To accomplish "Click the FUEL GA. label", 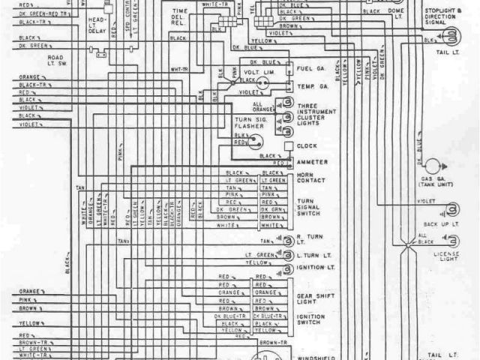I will coord(310,69).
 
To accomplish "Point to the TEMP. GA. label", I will coord(310,88).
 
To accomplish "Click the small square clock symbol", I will coord(288,146).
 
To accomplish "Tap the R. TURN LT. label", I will coord(307,241).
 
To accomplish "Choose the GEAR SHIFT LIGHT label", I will coord(309,291).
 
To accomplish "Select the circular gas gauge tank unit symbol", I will coord(433,166).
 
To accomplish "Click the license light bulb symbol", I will coord(452,240).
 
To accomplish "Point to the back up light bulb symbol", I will coord(451,210).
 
